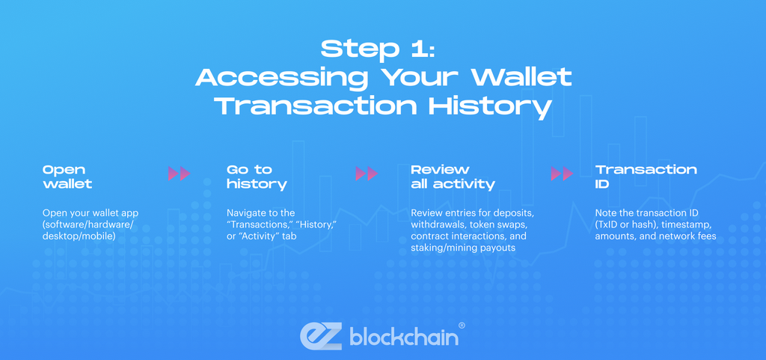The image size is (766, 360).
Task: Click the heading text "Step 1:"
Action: coord(382,49)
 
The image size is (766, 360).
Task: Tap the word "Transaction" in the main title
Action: coord(315,106)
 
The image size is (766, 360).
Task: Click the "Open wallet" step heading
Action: coord(67,177)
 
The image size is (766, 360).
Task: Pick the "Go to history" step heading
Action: coord(257,177)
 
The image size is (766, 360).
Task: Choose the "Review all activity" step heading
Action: coord(453,177)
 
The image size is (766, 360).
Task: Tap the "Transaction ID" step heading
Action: coord(646,177)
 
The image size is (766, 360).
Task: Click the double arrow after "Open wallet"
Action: coord(179,174)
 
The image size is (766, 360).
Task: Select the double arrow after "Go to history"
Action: coord(367,174)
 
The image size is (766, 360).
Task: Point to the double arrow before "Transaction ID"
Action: coord(562,174)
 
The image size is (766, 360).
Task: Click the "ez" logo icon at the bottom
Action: coord(321,336)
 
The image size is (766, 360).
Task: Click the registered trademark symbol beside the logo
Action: coord(462,326)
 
